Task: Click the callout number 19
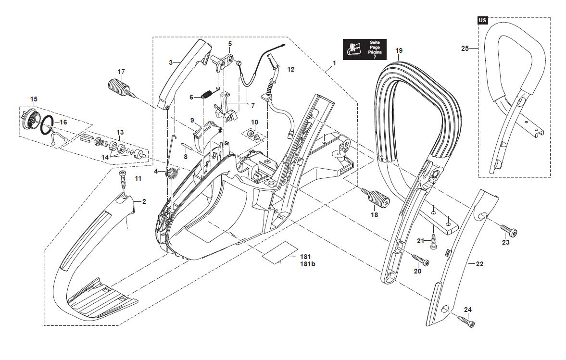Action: pos(399,51)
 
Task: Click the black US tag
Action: pos(482,20)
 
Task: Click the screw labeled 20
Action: pos(421,261)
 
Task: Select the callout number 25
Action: pos(465,48)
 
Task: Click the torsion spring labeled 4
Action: pos(171,172)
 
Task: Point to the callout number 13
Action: pos(120,132)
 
